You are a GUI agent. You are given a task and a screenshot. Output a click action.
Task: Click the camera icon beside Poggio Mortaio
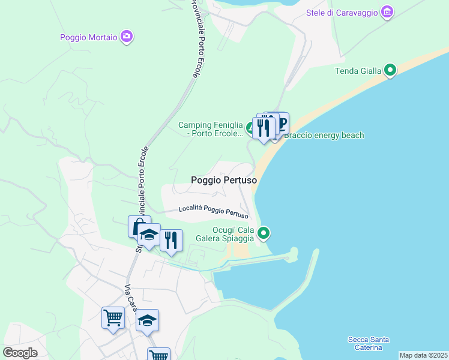point(127,37)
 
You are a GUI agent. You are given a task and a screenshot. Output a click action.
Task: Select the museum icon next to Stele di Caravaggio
point(387,12)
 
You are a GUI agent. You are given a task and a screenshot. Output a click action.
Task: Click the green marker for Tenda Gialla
point(390,71)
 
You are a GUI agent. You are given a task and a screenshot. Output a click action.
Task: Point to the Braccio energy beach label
point(324,135)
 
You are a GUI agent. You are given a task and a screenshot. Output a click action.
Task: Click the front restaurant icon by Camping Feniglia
point(263,127)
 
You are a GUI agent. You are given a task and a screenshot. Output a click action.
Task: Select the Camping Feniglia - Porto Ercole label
point(211,129)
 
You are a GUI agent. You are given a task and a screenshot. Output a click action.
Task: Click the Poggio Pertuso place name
point(224,180)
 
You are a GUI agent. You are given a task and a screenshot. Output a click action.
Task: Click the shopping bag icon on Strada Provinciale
point(139,226)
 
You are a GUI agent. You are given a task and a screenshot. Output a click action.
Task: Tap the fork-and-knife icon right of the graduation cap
point(171,240)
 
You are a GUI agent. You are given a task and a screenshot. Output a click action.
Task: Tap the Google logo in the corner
point(20,352)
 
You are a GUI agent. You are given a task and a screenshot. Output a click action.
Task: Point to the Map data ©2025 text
point(423,355)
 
